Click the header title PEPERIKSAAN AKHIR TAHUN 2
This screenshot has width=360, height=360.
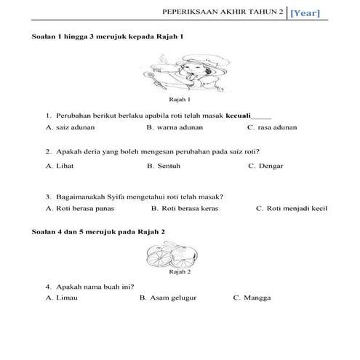(223, 12)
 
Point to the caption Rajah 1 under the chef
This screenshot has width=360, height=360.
(180, 100)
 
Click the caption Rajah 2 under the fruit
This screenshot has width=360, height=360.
(180, 273)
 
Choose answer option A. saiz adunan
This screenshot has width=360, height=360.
(70, 127)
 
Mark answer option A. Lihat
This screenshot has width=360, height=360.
(60, 166)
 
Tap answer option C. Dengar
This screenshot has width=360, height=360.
(265, 166)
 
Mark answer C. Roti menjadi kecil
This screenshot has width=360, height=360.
(292, 209)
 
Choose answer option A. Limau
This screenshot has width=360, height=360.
(61, 298)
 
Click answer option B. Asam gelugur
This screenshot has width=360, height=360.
(168, 298)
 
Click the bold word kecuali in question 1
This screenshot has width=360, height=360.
(237, 116)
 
